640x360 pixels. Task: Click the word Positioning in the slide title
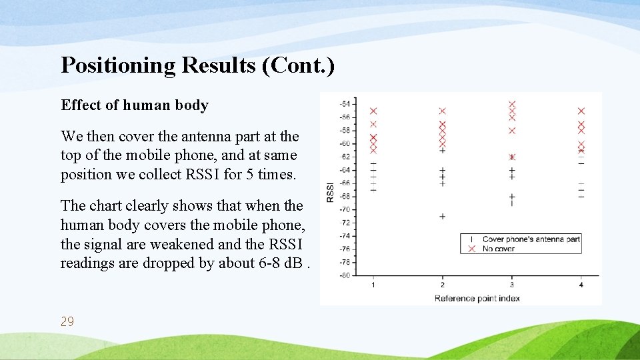click(x=118, y=65)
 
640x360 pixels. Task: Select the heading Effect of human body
click(x=135, y=105)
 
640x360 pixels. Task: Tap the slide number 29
click(x=67, y=322)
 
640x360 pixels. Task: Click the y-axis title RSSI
click(x=329, y=191)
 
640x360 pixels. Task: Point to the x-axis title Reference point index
click(x=477, y=298)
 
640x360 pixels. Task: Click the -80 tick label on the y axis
click(x=345, y=275)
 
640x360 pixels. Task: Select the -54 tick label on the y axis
click(x=345, y=104)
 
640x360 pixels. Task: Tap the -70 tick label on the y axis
click(x=345, y=209)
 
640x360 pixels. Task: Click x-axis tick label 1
click(x=373, y=285)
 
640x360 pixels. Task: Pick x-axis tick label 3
click(x=511, y=285)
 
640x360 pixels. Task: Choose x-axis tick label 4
click(x=581, y=285)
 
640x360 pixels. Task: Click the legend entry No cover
click(x=498, y=249)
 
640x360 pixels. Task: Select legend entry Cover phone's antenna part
click(x=531, y=239)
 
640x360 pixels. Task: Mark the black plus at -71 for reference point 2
click(x=442, y=216)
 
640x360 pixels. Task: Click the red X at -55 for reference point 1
click(x=373, y=111)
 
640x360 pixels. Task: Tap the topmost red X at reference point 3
click(x=512, y=105)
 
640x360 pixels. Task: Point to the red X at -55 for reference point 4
click(x=581, y=111)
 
